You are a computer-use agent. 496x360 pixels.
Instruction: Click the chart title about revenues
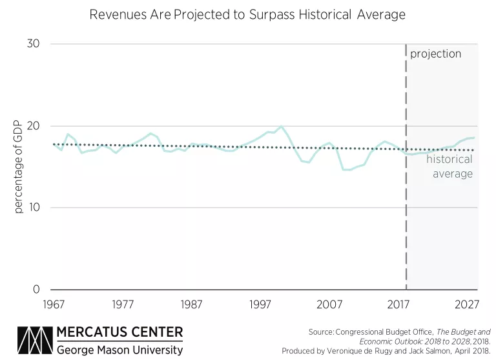[247, 15]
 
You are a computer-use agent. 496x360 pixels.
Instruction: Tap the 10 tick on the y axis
[34, 207]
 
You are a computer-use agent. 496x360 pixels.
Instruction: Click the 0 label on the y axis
[37, 290]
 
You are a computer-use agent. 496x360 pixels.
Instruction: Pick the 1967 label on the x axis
[54, 304]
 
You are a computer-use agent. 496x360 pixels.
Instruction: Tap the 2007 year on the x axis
[330, 304]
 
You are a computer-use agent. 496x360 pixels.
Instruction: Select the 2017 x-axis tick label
[399, 304]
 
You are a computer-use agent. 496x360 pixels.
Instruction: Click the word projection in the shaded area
[436, 54]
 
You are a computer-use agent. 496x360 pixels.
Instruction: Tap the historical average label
[449, 166]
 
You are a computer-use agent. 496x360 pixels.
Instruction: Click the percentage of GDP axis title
[18, 167]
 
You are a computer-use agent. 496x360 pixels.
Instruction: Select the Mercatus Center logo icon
[36, 341]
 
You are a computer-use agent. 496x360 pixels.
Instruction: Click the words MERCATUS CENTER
[120, 333]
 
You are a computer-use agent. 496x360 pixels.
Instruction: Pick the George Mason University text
[120, 349]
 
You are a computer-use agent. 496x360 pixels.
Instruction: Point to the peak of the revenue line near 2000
[281, 127]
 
